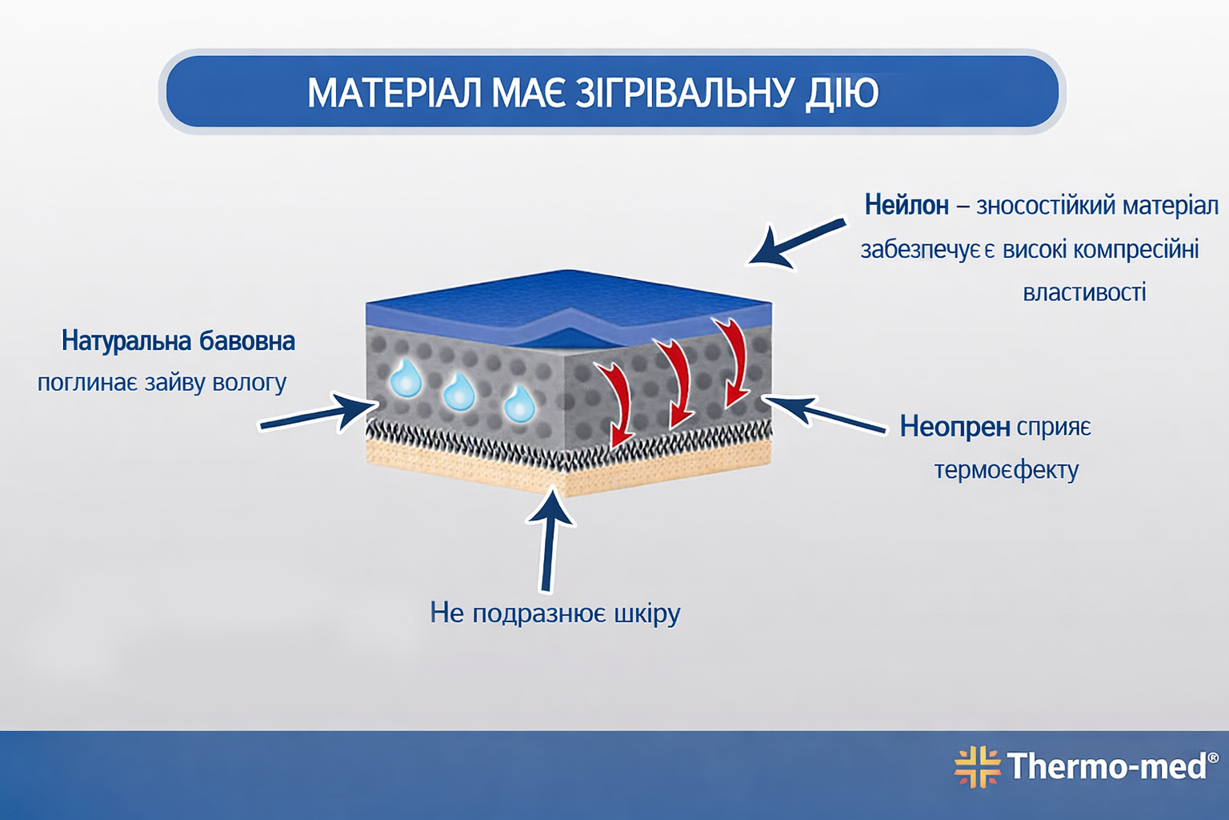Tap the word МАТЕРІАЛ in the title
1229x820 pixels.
click(x=394, y=93)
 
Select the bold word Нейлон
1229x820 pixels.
click(x=906, y=205)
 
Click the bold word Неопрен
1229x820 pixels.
click(x=955, y=427)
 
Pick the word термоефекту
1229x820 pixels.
click(x=1006, y=469)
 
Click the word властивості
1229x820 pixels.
click(x=1084, y=291)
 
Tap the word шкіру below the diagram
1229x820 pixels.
click(x=647, y=613)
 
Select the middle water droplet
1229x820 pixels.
click(x=459, y=392)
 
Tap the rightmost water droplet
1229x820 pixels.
click(x=519, y=404)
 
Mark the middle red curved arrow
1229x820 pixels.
click(x=676, y=381)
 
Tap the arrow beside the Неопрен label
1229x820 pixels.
click(x=824, y=414)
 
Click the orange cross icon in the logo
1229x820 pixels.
click(x=977, y=766)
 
